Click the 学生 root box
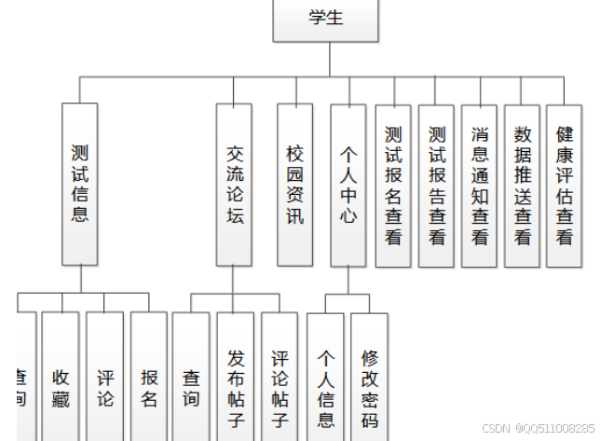click(x=326, y=20)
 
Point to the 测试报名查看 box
click(x=393, y=186)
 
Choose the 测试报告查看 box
click(x=437, y=186)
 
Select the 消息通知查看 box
click(x=479, y=186)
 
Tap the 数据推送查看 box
click(x=522, y=186)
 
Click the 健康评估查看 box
click(x=564, y=186)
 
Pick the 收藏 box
click(x=61, y=377)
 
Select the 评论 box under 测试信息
click(x=105, y=377)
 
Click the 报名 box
click(x=149, y=377)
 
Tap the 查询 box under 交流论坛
click(x=191, y=377)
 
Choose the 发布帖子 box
click(x=236, y=377)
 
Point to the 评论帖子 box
click(x=280, y=377)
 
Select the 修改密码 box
click(x=370, y=379)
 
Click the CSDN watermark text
click(x=539, y=428)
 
